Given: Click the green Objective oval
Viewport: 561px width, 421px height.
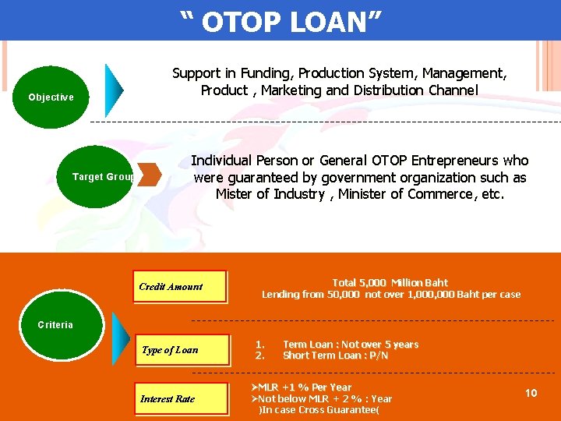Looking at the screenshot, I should point(51,97).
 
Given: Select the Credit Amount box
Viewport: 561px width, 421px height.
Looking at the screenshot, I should point(179,286).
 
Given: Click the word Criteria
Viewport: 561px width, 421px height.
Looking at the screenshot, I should point(55,325).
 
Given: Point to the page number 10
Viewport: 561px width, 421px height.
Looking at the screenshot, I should point(531,393).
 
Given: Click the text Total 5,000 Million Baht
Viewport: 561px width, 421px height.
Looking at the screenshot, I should point(390,282).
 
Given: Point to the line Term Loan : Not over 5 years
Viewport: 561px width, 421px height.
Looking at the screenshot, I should point(351,345).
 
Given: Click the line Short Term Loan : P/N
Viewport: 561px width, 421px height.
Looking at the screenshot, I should point(335,356).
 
